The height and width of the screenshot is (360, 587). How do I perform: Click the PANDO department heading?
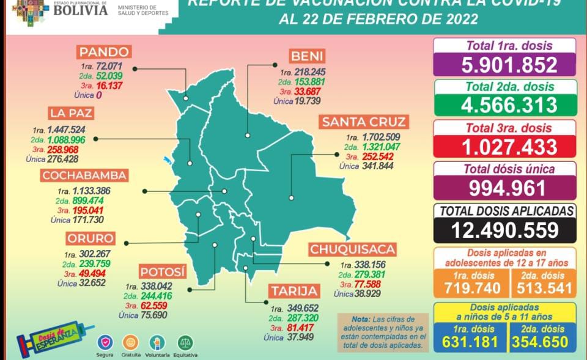[x=103, y=52]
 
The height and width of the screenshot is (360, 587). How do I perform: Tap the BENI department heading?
[x=308, y=56]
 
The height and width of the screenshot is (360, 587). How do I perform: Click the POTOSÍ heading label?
[x=162, y=272]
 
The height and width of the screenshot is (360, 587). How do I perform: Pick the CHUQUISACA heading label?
[x=352, y=249]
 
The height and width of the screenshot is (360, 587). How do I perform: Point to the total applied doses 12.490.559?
[x=505, y=229]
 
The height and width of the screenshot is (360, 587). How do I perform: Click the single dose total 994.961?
[x=505, y=187]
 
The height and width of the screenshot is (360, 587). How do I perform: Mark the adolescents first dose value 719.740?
[x=471, y=288]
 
